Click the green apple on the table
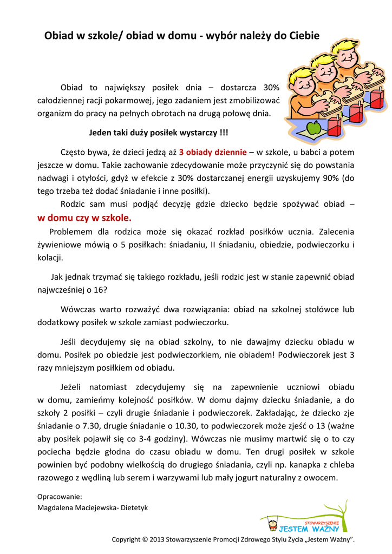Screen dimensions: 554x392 click(313, 129)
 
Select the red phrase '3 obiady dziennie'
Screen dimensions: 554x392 click(213, 152)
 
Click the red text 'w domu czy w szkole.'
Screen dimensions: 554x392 click(84, 218)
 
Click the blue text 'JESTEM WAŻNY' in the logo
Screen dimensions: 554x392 click(309, 529)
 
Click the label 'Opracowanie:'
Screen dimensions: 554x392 click(60, 496)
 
